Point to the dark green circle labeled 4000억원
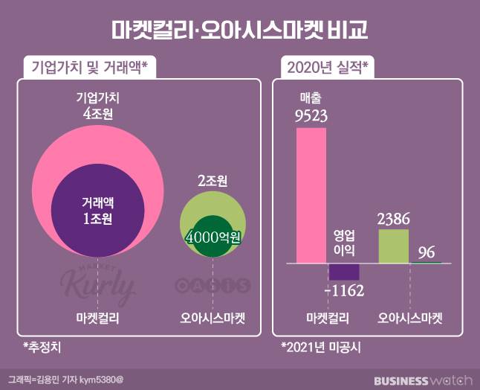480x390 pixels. (x=213, y=240)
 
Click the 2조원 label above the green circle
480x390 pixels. (x=213, y=181)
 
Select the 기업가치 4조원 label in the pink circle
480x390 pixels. (x=99, y=106)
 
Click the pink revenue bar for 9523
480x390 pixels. (x=311, y=196)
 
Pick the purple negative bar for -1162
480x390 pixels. (x=345, y=272)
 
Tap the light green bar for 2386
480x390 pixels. (x=393, y=246)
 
